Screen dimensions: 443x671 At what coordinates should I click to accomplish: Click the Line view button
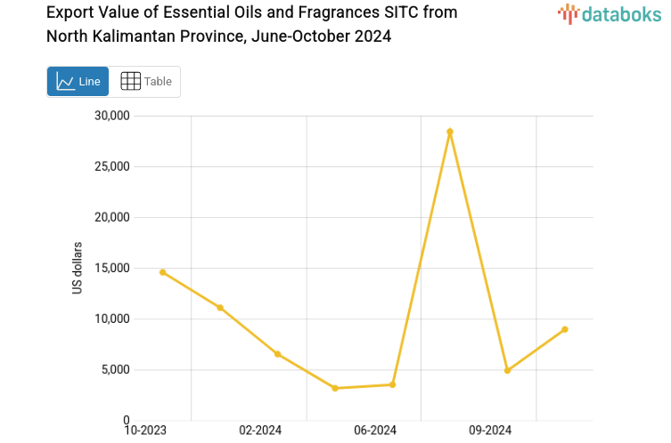click(x=78, y=82)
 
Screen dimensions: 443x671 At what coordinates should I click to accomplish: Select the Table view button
click(x=146, y=82)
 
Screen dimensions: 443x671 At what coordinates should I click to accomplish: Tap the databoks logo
click(x=609, y=13)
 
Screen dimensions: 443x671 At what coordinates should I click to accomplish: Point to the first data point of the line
click(x=162, y=272)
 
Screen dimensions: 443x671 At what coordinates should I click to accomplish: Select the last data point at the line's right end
click(x=565, y=329)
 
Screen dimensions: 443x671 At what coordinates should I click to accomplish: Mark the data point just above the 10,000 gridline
click(x=220, y=308)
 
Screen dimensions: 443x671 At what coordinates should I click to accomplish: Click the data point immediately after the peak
click(x=507, y=370)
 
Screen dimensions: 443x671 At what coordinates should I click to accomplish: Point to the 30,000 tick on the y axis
click(x=112, y=116)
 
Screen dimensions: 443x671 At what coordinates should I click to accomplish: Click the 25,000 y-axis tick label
click(x=112, y=166)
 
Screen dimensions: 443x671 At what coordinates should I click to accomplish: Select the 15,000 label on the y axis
click(x=112, y=268)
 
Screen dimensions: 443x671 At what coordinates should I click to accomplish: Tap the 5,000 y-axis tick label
click(x=115, y=369)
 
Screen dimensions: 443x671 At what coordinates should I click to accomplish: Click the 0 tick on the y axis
click(x=127, y=420)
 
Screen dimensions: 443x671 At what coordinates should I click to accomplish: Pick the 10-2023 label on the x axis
click(x=145, y=431)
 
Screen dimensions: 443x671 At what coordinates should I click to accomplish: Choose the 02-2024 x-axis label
click(x=260, y=431)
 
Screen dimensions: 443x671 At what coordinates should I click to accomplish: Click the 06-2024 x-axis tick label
click(x=375, y=431)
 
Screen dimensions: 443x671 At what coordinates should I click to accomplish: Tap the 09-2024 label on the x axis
click(x=490, y=431)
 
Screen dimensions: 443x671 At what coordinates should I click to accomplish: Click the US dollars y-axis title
click(x=78, y=268)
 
